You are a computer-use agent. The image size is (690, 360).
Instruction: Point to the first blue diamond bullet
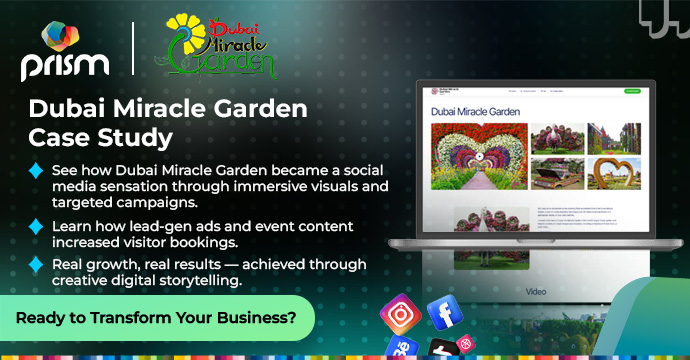[36, 171]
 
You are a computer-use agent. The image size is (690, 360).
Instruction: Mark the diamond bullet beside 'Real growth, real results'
[36, 265]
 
